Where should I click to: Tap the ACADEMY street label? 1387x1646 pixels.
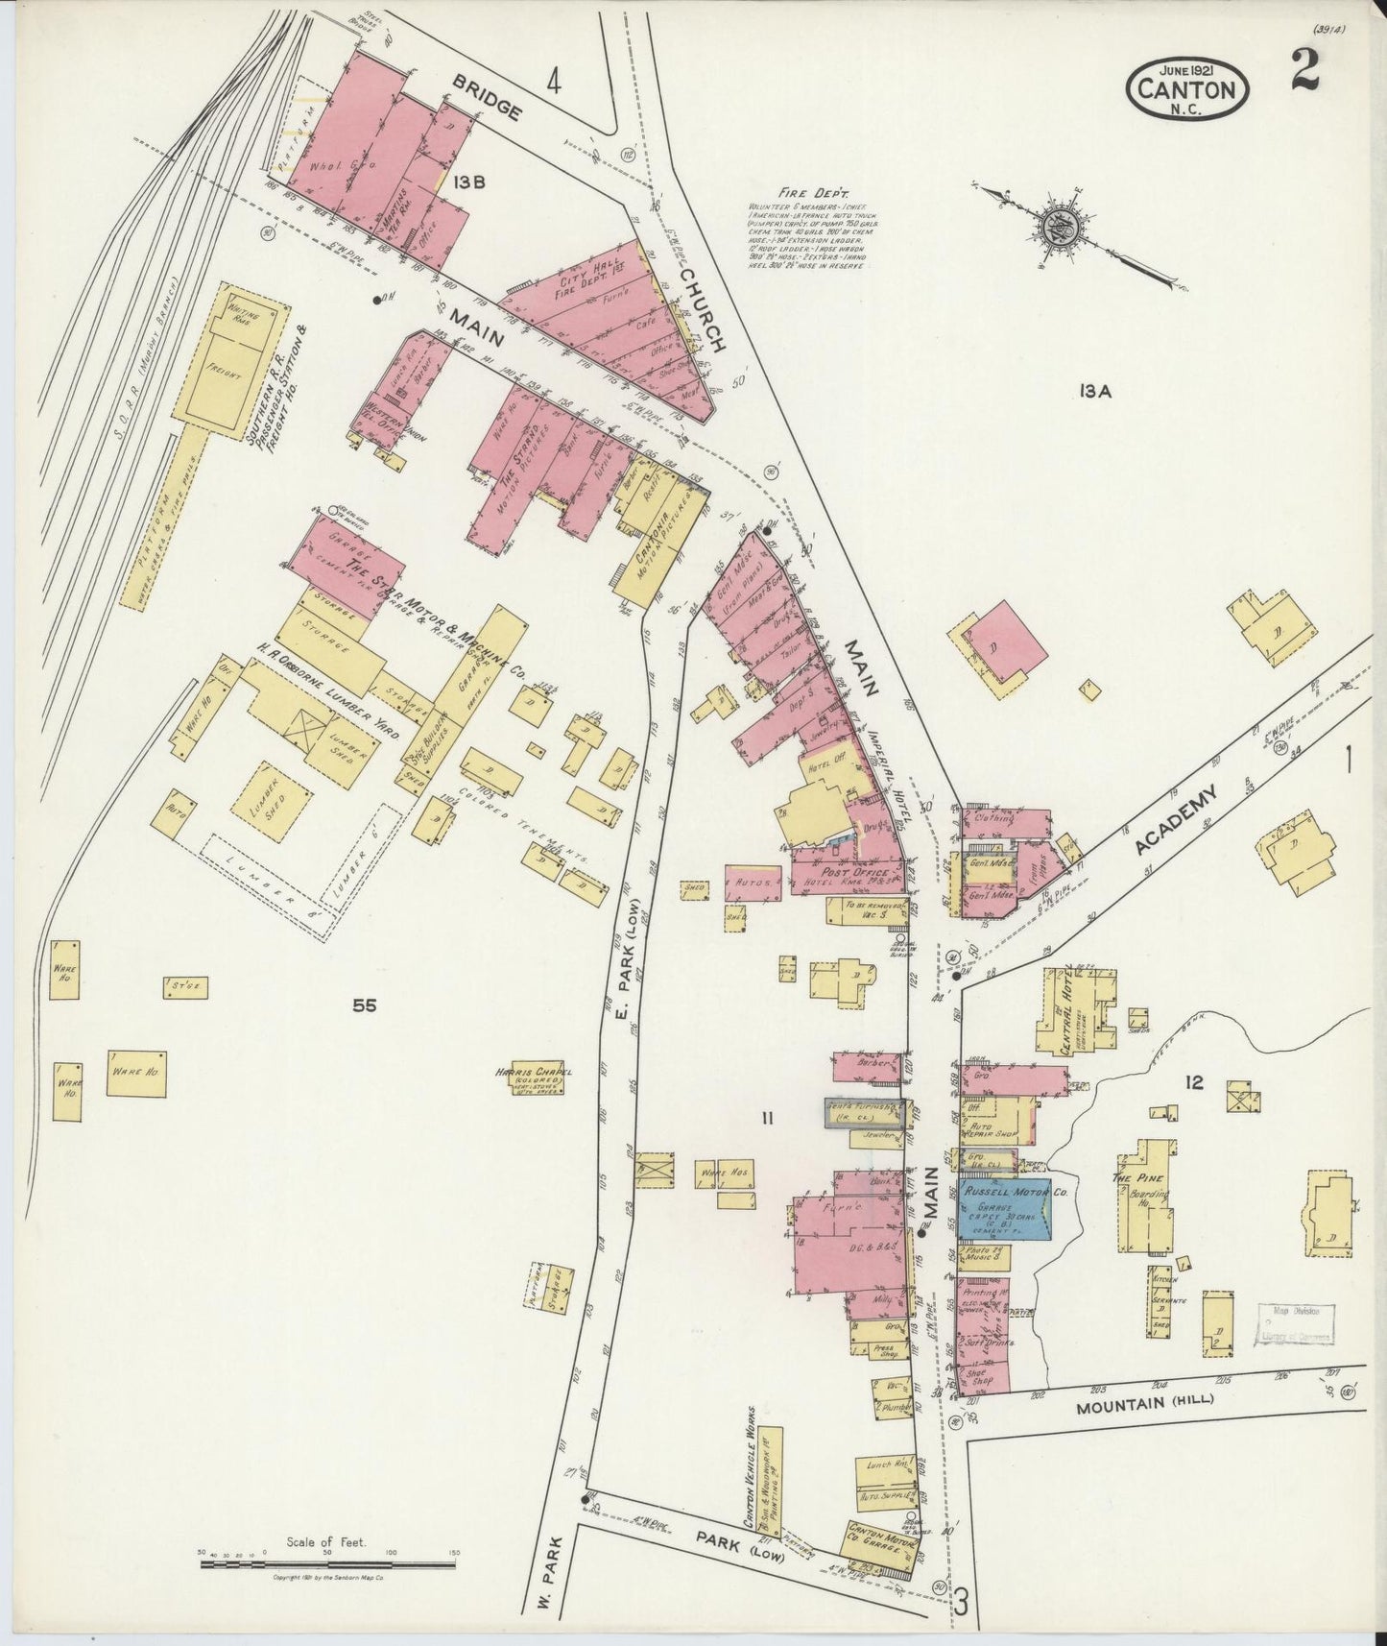[x=1175, y=819]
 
